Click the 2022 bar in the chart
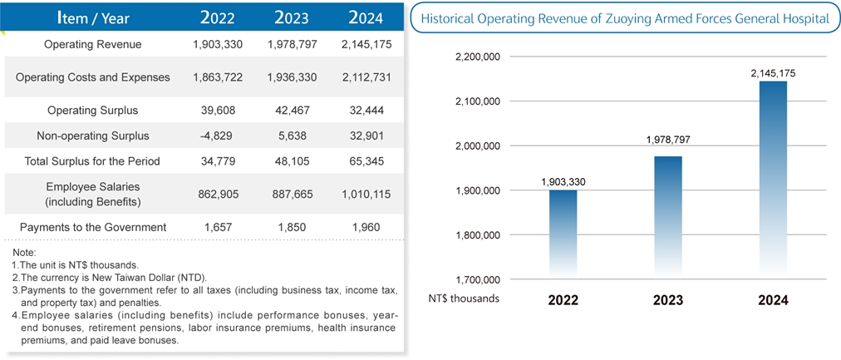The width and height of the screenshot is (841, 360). tap(563, 233)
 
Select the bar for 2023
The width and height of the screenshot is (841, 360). tap(667, 216)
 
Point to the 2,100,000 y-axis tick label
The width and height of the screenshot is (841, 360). tap(478, 101)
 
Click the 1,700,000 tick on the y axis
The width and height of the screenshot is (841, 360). tap(478, 279)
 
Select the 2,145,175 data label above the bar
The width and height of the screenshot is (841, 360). tap(773, 73)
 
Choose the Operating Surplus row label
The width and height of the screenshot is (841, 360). tap(92, 110)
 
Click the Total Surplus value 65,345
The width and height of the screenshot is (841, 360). tap(366, 160)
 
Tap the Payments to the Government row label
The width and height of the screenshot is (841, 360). tap(92, 227)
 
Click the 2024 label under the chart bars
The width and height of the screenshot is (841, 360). tap(773, 300)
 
